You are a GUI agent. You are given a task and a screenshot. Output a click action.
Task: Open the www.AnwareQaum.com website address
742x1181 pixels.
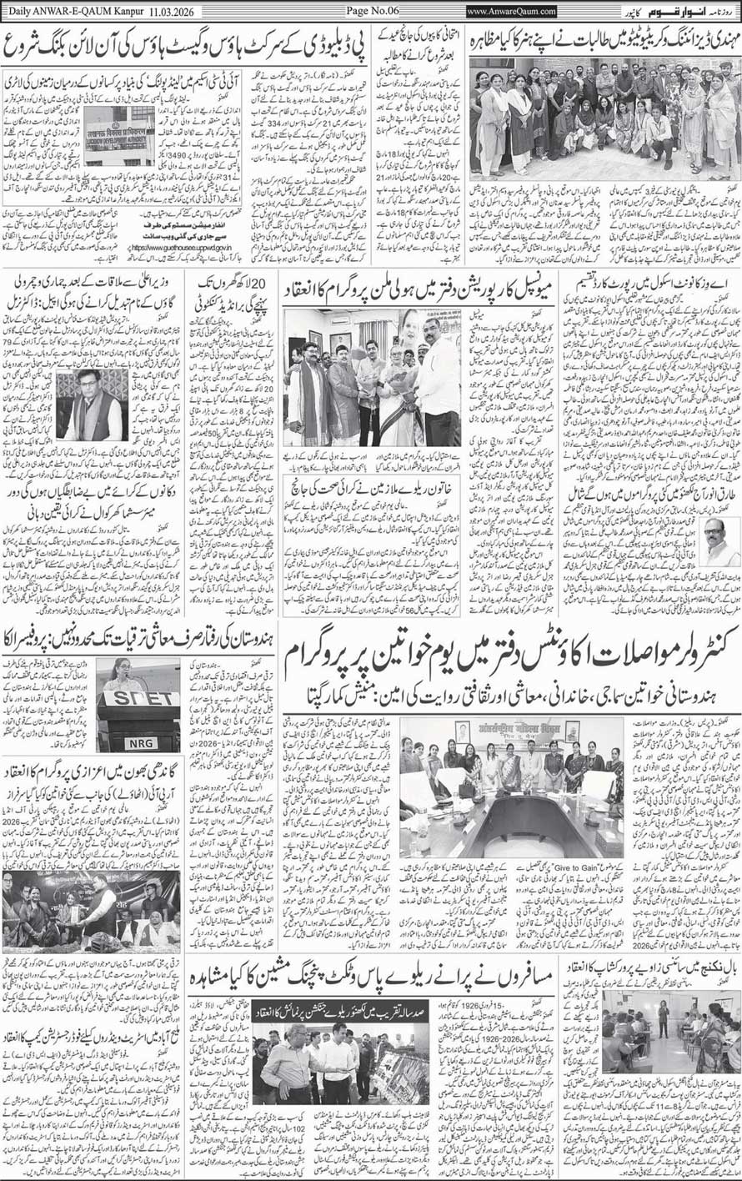512,10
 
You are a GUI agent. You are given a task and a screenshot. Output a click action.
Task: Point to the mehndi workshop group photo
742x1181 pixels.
604,117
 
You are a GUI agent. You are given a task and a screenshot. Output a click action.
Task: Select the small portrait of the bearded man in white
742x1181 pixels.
719,543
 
